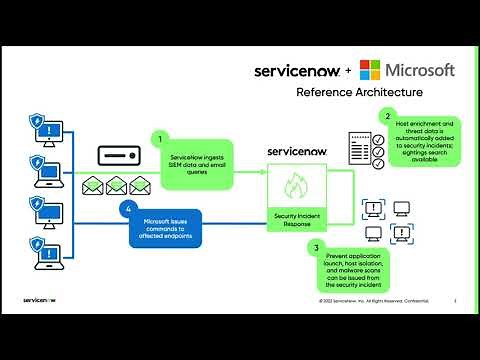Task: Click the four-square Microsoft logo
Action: point(370,70)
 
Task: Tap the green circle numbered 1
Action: point(158,139)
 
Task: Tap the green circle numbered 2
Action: point(387,118)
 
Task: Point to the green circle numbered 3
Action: point(317,246)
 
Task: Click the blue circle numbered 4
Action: point(126,210)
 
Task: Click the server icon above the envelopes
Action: point(117,157)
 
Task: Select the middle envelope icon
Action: point(117,186)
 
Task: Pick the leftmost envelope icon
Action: point(94,186)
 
